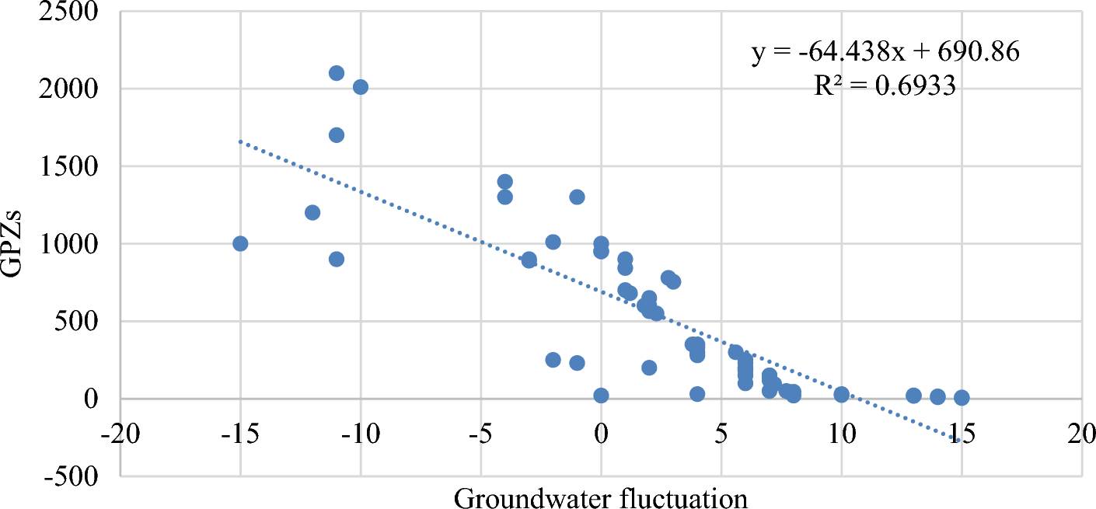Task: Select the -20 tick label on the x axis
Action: [x=120, y=431]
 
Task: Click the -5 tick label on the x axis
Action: [x=480, y=431]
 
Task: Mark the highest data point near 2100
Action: [x=337, y=73]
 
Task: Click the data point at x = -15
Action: [x=240, y=243]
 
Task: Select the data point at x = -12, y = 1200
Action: [x=312, y=212]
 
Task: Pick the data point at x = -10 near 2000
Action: [x=361, y=87]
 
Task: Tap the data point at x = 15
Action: [x=962, y=397]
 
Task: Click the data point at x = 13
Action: [x=913, y=396]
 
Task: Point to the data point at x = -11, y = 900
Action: [x=337, y=259]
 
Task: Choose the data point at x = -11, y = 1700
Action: [x=337, y=135]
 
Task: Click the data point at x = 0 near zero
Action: [x=601, y=396]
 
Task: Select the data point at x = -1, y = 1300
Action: [x=577, y=197]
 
